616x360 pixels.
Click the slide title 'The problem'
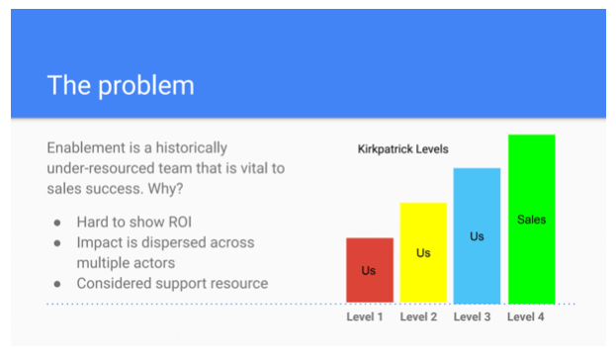[x=121, y=85]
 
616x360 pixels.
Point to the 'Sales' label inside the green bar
[x=531, y=220]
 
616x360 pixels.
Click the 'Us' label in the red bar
[x=369, y=269]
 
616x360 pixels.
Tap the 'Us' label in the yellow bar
[x=423, y=253]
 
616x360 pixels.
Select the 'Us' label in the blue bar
[x=477, y=236]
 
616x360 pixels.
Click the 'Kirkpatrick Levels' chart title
[x=402, y=149]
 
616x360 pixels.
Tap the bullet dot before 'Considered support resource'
[x=57, y=284]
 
